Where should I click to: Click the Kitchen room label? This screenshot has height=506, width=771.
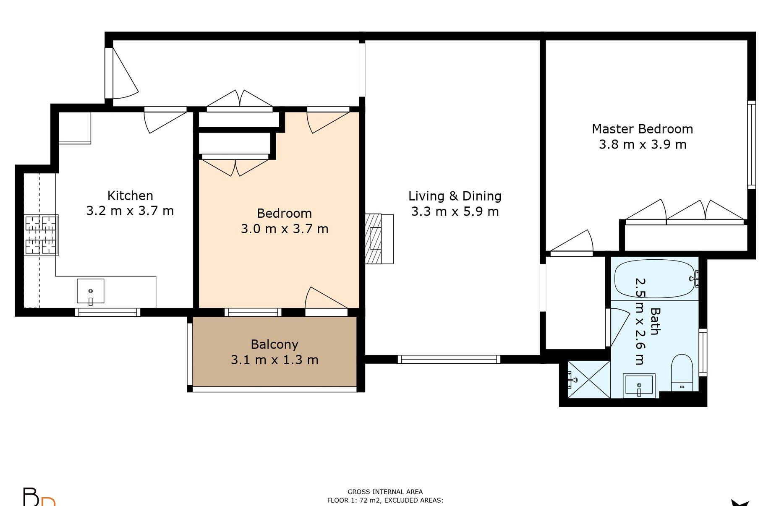130,196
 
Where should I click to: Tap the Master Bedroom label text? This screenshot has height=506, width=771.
642,129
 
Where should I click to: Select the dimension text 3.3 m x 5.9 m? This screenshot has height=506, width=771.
455,211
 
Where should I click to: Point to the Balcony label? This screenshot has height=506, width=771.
274,344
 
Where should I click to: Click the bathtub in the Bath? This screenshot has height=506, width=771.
655,279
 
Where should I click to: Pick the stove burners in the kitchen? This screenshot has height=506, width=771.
41,235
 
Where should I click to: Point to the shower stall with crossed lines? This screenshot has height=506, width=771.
588,379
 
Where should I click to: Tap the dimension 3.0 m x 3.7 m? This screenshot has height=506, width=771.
285,229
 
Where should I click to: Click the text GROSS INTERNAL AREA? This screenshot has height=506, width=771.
385,492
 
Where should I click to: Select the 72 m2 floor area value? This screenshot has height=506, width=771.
369,500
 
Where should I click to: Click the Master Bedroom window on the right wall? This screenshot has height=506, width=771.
751,144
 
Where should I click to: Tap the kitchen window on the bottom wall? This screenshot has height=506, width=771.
107,312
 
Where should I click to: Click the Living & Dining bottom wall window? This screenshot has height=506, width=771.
449,359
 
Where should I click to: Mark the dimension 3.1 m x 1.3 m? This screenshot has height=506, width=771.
274,360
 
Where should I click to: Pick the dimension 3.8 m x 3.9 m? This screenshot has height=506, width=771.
643,145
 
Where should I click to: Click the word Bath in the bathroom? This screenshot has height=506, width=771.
655,321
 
